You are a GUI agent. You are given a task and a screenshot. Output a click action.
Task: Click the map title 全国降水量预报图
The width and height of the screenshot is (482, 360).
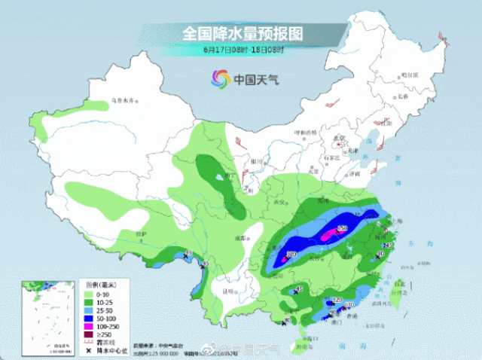click(x=242, y=34)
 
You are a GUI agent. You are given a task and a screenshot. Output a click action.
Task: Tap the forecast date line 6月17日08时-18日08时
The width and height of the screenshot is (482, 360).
click(x=242, y=50)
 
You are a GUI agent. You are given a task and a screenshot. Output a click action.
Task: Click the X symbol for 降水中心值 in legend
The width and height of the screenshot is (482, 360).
click(x=89, y=351)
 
